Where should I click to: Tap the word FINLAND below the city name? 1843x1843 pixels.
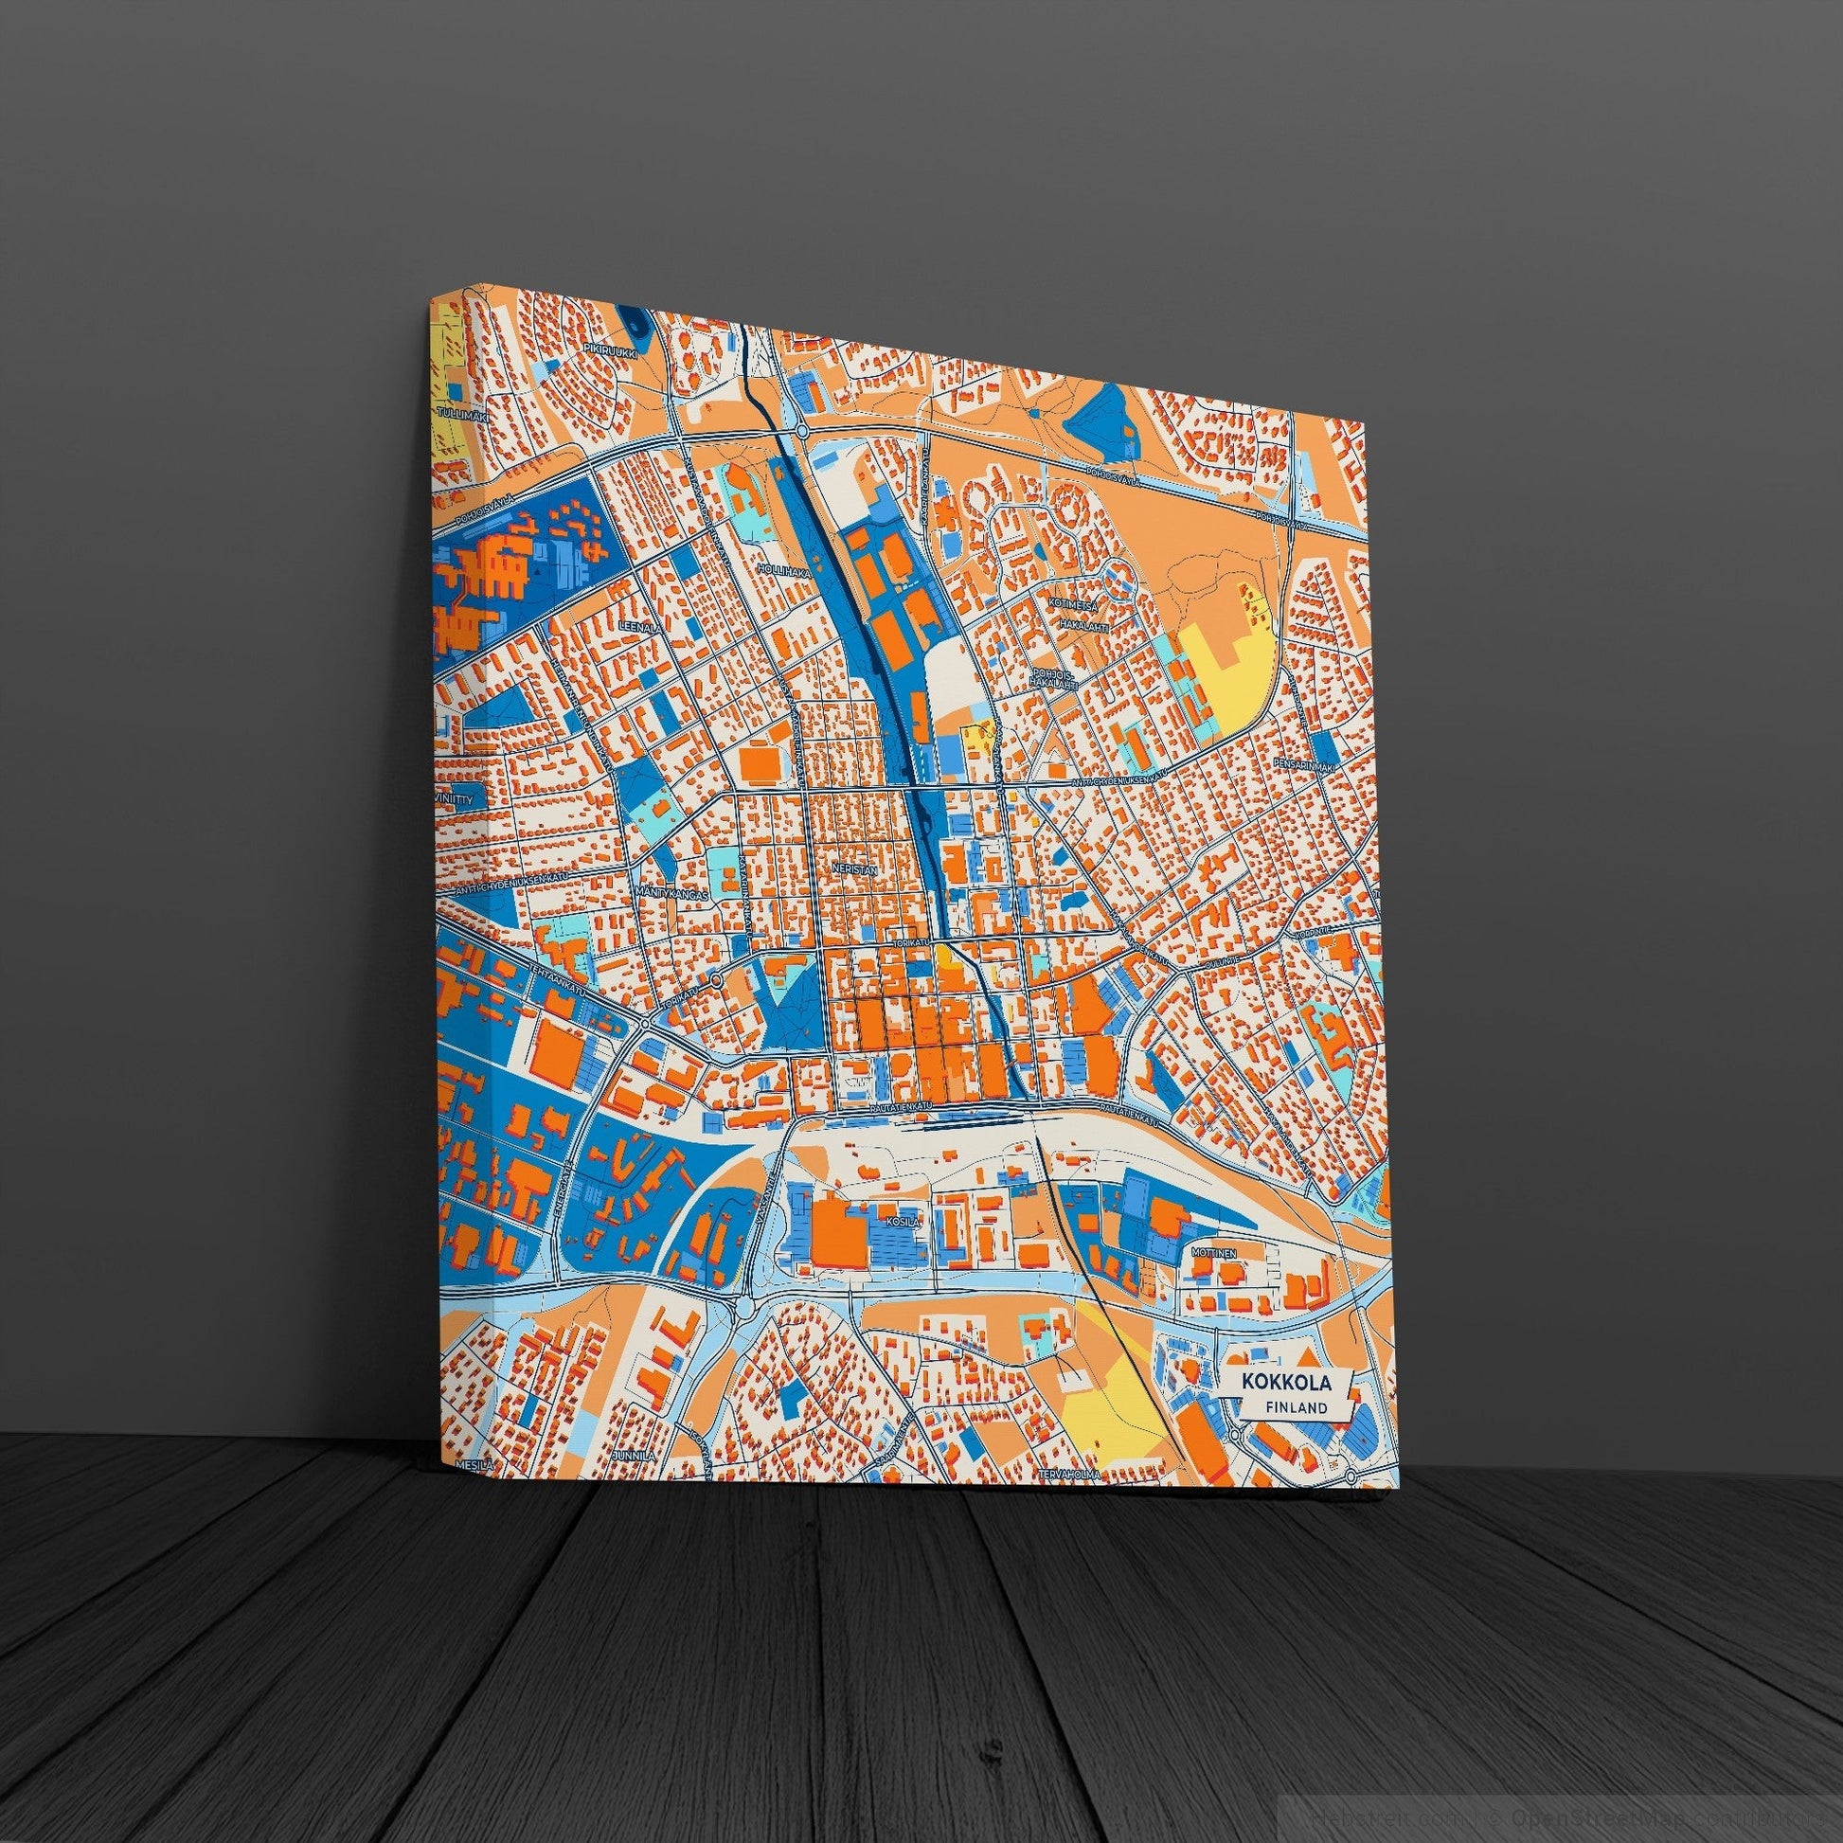click(x=1297, y=1407)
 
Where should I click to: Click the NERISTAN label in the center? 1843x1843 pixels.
click(x=851, y=870)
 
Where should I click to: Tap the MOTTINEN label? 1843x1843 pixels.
click(x=1213, y=1249)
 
